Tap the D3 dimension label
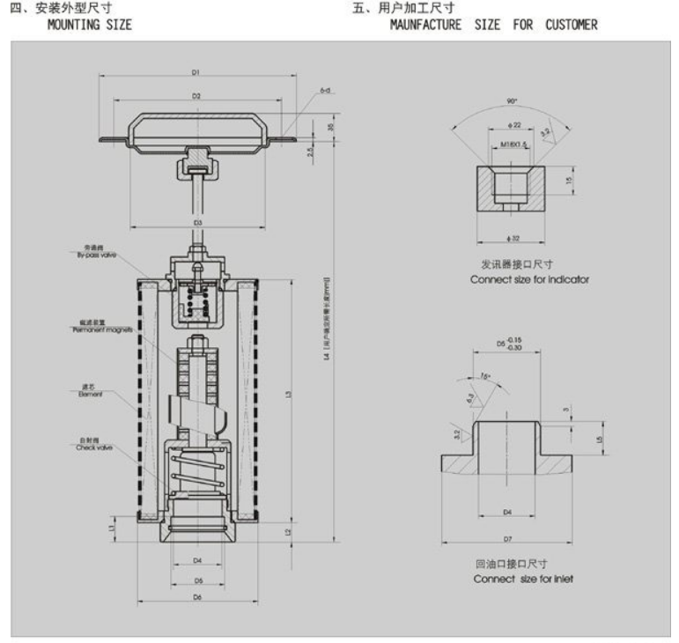(x=198, y=223)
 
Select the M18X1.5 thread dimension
(x=513, y=144)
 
